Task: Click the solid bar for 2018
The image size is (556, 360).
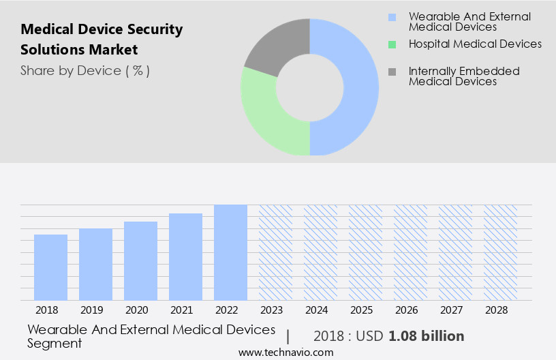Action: tap(50, 267)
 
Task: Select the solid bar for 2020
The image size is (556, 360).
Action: tap(140, 260)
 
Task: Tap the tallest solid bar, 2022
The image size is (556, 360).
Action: tap(230, 252)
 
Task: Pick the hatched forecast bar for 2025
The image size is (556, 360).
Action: tap(365, 252)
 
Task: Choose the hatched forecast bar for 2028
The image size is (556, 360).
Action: tap(500, 252)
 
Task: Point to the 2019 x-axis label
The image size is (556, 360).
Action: tap(95, 310)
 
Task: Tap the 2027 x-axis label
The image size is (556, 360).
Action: tap(455, 310)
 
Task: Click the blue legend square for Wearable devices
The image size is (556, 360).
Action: tap(391, 17)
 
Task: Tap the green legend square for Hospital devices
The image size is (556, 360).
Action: tap(391, 44)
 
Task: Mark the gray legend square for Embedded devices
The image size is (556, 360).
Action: tap(391, 72)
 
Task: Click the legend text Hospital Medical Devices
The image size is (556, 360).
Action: tap(475, 44)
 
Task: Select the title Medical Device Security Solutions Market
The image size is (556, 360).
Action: tap(102, 40)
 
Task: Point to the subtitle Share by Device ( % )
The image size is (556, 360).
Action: tap(85, 70)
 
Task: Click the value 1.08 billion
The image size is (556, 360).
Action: tap(427, 336)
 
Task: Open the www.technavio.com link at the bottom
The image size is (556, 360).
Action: tap(286, 352)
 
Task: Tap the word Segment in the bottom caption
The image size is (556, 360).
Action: tap(55, 343)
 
